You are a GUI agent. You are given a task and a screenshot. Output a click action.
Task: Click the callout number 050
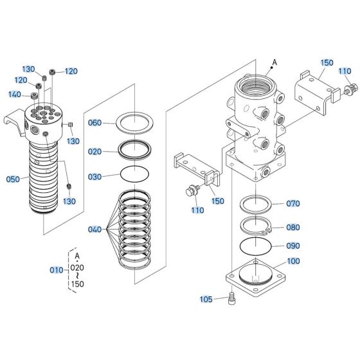[14, 180]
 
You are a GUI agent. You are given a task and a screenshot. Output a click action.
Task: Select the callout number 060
[94, 123]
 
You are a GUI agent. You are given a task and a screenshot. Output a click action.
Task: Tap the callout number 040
[94, 230]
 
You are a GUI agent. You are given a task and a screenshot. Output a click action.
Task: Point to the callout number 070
[293, 204]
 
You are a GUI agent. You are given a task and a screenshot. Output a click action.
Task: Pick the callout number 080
[293, 226]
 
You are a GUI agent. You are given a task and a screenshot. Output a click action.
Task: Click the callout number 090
[293, 246]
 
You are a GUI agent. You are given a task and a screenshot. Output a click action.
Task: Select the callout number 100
[293, 262]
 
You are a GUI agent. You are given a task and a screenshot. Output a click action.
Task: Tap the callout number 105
[206, 299]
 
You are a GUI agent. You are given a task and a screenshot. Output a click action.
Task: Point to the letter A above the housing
[274, 62]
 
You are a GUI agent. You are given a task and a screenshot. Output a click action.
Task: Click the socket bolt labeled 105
[232, 298]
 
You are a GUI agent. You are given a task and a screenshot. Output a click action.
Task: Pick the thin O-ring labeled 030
[134, 175]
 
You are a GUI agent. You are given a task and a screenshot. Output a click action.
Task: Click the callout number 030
[94, 177]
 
